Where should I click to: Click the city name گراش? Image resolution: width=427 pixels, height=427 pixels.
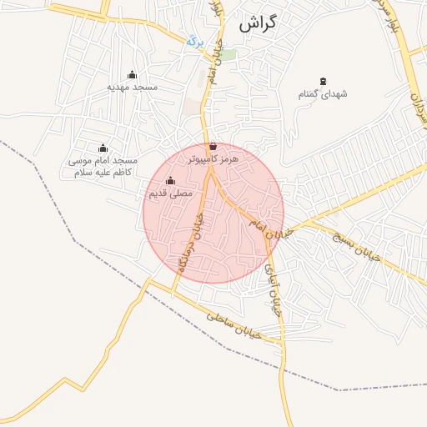click(257, 24)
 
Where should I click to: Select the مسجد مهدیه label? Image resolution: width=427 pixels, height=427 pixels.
click(133, 87)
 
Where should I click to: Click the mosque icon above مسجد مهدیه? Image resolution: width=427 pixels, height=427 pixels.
click(132, 75)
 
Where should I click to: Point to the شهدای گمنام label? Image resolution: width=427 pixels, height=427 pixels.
click(323, 94)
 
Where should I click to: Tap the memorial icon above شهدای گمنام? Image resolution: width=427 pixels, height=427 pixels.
click(323, 82)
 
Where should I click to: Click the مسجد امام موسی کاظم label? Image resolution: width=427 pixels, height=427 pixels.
click(103, 166)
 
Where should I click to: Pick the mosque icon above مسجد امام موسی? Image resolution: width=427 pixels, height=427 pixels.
click(103, 148)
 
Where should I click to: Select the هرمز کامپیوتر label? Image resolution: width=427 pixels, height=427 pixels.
click(214, 158)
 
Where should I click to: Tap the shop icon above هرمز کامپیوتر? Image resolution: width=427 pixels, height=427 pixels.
click(213, 146)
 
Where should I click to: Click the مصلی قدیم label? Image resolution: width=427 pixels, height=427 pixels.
click(170, 193)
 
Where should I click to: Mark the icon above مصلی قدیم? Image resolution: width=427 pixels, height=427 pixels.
click(171, 181)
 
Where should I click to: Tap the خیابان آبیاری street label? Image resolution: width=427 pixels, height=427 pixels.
click(273, 289)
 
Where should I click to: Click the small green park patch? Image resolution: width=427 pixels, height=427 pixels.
click(228, 55)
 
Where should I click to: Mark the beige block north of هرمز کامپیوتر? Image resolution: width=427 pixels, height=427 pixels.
click(193, 108)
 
